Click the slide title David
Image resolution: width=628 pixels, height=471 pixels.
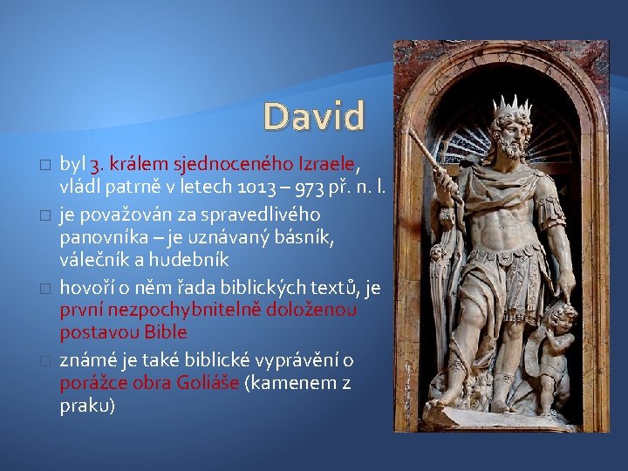[x=314, y=117]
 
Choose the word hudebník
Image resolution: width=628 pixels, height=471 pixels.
[x=189, y=260]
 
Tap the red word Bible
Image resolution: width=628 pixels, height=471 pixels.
[x=166, y=333]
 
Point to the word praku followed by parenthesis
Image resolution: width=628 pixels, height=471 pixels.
[x=87, y=406]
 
